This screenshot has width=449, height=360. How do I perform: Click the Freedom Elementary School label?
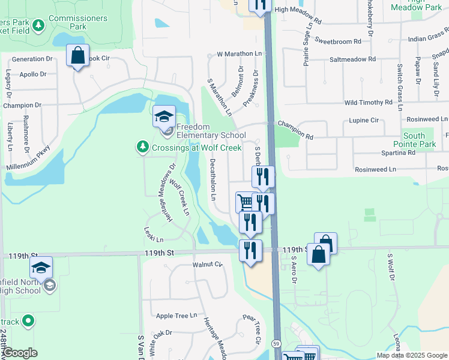(x=211, y=131)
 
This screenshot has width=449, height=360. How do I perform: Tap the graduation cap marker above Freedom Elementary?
(x=164, y=116)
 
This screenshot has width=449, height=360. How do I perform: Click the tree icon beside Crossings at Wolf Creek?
(x=142, y=147)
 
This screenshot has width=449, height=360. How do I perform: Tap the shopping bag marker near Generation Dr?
(x=78, y=56)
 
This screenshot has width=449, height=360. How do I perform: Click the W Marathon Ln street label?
(x=240, y=54)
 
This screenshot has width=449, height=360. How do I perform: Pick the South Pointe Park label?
(x=418, y=140)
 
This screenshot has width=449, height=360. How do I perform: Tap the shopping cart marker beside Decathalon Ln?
(x=245, y=202)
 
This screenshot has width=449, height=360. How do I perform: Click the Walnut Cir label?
(x=207, y=264)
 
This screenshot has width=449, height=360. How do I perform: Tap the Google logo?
(x=20, y=353)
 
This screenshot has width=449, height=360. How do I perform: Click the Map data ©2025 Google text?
(x=411, y=355)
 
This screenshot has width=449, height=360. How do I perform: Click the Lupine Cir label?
(x=364, y=121)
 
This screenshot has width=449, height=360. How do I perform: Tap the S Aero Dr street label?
(x=294, y=272)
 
